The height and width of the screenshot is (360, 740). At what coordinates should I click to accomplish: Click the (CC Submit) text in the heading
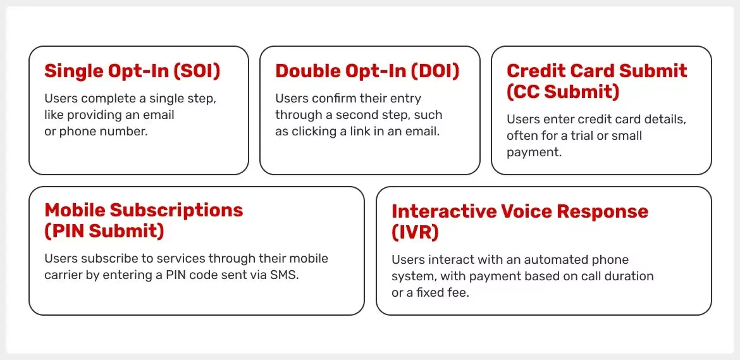coord(563,92)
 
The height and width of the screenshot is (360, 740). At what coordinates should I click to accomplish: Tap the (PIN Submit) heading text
coord(104,231)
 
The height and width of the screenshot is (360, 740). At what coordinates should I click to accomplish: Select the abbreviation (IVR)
coord(415,232)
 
